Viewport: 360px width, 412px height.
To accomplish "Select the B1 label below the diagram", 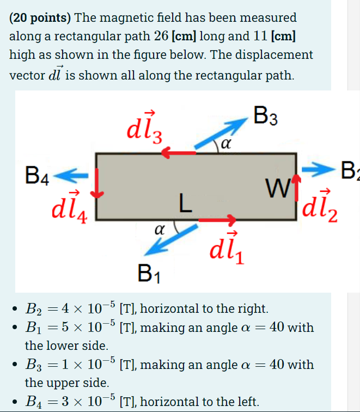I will pos(146,271).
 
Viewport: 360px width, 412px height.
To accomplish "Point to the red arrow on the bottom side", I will pos(217,220).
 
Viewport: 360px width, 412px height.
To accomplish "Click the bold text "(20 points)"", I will pos(39,17).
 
